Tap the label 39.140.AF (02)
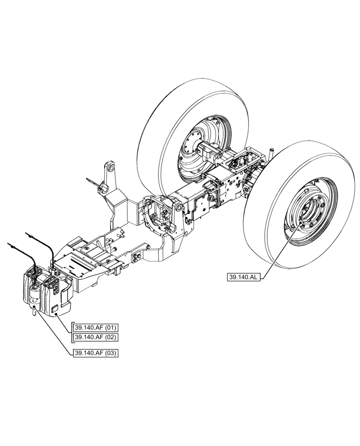point(94,337)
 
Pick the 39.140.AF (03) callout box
point(94,353)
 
